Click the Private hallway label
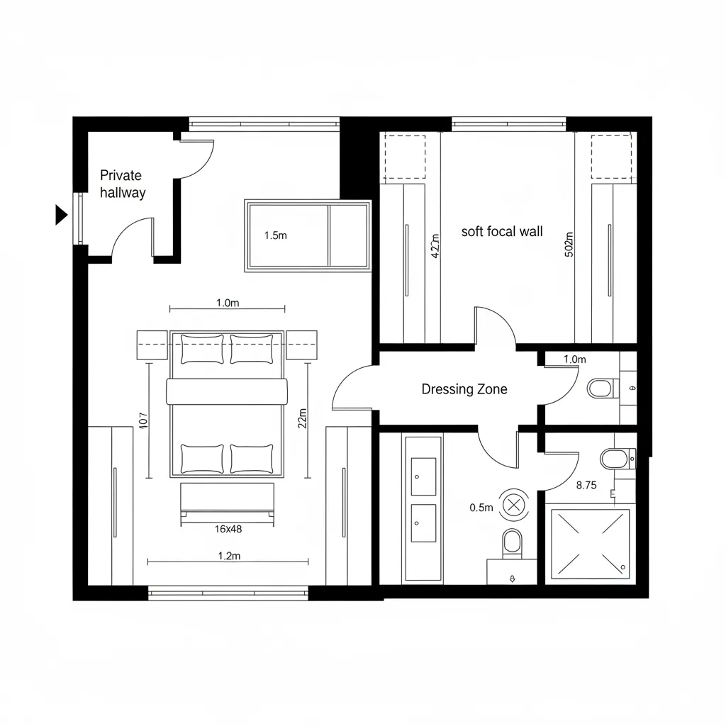tap(122, 184)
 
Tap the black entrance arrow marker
tap(60, 214)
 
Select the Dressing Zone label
tap(464, 389)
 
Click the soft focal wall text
tap(502, 231)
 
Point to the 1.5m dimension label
tap(275, 236)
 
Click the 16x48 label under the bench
tap(228, 528)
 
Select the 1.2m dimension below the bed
tap(228, 556)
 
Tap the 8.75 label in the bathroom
tap(586, 486)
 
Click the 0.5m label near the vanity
tap(481, 507)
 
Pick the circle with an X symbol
tap(513, 505)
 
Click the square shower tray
tap(590, 543)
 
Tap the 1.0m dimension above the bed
tap(228, 303)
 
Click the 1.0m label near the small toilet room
tap(574, 359)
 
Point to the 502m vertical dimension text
tap(569, 245)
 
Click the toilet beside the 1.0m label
tap(600, 389)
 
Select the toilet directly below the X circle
tap(511, 544)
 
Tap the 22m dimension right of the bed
tap(303, 419)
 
